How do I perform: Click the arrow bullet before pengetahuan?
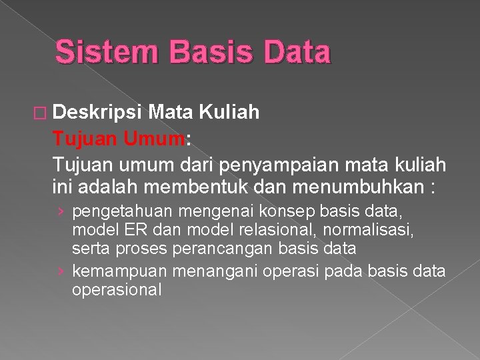(61, 213)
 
